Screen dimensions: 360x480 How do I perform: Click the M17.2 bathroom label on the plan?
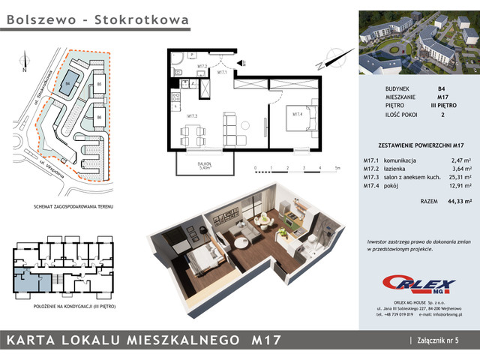(202, 66)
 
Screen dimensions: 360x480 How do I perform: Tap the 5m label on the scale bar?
(337, 169)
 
